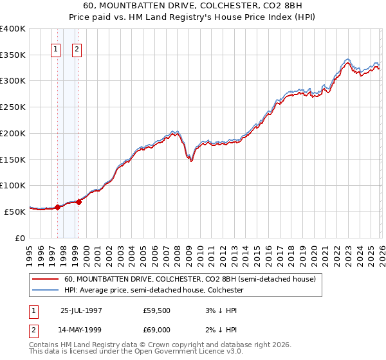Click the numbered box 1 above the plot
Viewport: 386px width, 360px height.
coord(56,50)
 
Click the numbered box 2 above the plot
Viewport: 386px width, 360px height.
coord(77,50)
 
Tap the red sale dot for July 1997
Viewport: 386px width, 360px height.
coord(57,207)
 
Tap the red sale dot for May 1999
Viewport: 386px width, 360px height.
coord(78,202)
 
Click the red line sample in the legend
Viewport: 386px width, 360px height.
coord(46,280)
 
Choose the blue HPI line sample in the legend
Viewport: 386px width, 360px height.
coord(46,291)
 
